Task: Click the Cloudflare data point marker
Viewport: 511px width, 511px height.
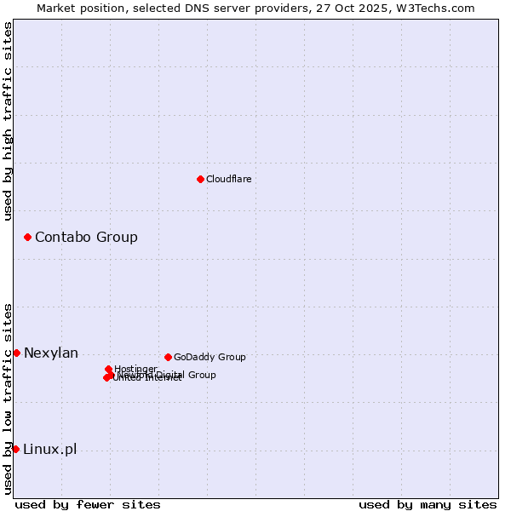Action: [x=200, y=179]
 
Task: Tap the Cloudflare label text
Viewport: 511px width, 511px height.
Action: [x=228, y=179]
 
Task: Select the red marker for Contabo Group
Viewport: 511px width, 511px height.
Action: [x=28, y=237]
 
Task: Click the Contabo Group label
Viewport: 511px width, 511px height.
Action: [x=86, y=237]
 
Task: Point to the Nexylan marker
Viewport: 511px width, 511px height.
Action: [x=16, y=353]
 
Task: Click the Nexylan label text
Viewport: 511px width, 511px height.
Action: [x=51, y=353]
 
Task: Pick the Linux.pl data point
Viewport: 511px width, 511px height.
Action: [x=15, y=449]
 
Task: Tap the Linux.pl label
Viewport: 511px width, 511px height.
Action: [x=49, y=449]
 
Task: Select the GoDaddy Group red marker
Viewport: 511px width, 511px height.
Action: [x=168, y=357]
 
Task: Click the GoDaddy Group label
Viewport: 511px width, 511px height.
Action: [x=210, y=357]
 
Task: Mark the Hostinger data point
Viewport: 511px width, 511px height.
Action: [x=108, y=369]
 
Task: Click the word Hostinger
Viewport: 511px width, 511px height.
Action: [x=136, y=369]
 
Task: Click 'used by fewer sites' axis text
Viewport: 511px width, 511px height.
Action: [x=88, y=504]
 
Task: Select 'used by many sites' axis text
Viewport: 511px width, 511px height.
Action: [x=428, y=504]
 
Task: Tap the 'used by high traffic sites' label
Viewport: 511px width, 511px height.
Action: [x=9, y=121]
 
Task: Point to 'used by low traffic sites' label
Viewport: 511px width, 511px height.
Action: [x=9, y=399]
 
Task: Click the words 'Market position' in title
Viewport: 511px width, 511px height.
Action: [x=82, y=8]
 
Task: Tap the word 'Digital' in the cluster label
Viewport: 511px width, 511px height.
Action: [x=170, y=375]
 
